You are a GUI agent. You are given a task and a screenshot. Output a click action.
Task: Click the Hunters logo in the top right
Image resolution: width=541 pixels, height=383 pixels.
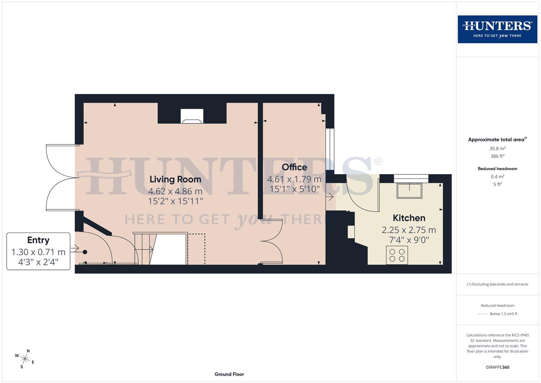[x=497, y=29]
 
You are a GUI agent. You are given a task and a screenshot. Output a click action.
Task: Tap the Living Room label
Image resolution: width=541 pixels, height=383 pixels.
[x=175, y=179]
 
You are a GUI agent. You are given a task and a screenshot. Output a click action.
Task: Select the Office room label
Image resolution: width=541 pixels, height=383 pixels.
[x=294, y=167]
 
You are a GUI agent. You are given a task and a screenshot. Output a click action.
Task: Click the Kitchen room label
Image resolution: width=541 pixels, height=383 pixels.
[x=409, y=218]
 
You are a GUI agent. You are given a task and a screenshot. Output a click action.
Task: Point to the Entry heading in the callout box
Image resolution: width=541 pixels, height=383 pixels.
[x=38, y=240]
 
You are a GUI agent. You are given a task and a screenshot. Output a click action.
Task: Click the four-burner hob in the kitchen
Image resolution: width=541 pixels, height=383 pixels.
[x=397, y=255]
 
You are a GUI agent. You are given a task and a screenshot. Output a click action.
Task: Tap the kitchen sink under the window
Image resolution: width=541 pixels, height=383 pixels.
[x=410, y=191]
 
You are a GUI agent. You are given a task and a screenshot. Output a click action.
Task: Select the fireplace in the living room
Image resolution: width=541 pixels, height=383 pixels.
[x=192, y=116]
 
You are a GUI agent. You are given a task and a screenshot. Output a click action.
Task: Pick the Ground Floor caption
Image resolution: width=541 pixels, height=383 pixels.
[x=229, y=374]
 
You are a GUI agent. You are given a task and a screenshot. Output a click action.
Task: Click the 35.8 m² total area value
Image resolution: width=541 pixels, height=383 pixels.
[x=497, y=149]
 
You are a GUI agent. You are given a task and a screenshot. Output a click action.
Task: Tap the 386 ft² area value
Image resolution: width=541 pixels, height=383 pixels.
[x=497, y=156]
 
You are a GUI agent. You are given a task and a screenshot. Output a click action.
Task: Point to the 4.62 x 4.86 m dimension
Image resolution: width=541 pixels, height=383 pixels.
[x=175, y=191]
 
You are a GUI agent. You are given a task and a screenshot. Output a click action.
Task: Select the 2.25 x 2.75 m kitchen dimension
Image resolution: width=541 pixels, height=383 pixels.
[x=409, y=230]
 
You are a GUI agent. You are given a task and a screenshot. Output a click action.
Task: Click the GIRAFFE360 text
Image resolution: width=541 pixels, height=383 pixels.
[x=497, y=367]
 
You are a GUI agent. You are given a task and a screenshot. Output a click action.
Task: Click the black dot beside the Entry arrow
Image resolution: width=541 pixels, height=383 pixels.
[x=85, y=252]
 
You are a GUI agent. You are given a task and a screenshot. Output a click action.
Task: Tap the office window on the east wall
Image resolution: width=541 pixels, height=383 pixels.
[x=330, y=149]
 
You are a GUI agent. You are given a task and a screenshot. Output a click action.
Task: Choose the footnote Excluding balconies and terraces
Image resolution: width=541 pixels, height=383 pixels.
[x=497, y=284]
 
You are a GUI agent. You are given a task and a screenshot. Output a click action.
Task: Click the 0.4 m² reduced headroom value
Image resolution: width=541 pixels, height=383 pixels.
[x=497, y=177]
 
